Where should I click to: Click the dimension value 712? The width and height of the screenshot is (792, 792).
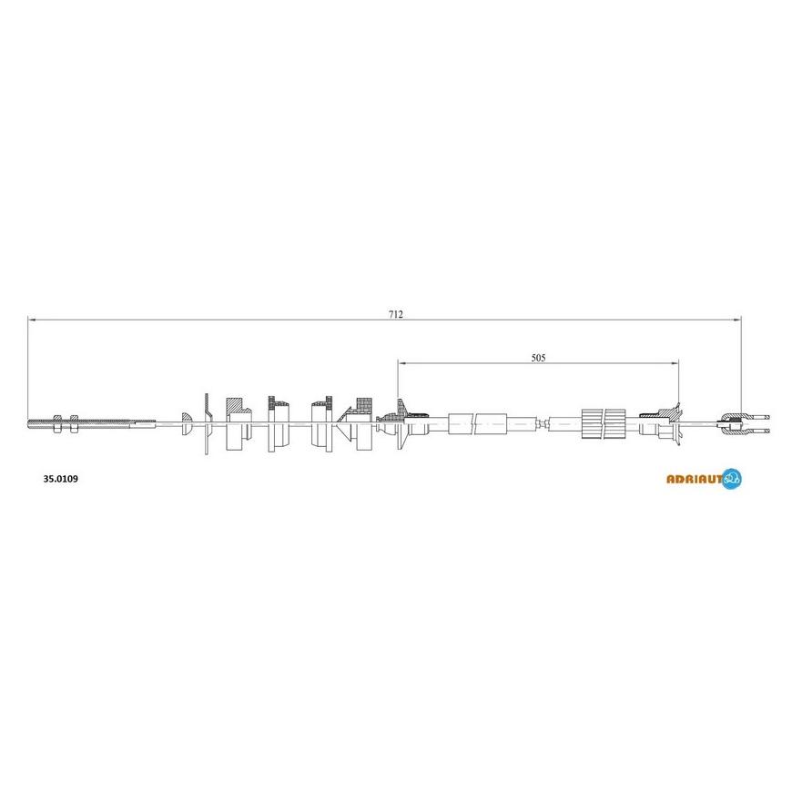click(395, 314)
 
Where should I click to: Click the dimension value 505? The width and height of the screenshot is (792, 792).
click(538, 358)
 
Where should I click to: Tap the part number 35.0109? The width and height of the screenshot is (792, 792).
click(61, 479)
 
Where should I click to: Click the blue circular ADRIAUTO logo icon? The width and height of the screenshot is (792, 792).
click(732, 479)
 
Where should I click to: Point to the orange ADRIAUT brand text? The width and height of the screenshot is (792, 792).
click(695, 480)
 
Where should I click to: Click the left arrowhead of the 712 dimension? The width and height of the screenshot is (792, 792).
click(31, 320)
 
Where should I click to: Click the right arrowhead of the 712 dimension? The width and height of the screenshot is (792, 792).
click(737, 320)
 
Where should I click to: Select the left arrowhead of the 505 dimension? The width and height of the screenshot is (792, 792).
click(401, 362)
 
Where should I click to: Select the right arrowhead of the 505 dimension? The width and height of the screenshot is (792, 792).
click(675, 362)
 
